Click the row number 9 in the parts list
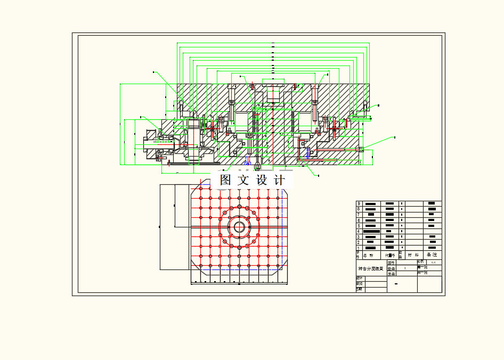pyautogui.click(x=359, y=203)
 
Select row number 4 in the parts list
pyautogui.click(x=359, y=232)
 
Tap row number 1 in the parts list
pyautogui.click(x=359, y=248)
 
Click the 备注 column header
pyautogui.click(x=432, y=255)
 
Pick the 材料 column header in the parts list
pyautogui.click(x=413, y=255)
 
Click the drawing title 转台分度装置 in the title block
pyautogui.click(x=371, y=269)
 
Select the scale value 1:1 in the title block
pyautogui.click(x=433, y=263)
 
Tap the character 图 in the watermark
pyautogui.click(x=225, y=180)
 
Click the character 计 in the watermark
pyautogui.click(x=279, y=180)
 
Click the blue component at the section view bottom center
pyautogui.click(x=248, y=160)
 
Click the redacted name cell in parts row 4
pyautogui.click(x=371, y=232)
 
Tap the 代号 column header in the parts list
pyautogui.click(x=390, y=255)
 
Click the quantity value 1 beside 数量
pyautogui.click(x=405, y=269)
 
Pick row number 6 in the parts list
pyautogui.click(x=359, y=220)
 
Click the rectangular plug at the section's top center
pyautogui.click(x=273, y=86)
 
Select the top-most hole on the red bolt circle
pyautogui.click(x=240, y=206)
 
